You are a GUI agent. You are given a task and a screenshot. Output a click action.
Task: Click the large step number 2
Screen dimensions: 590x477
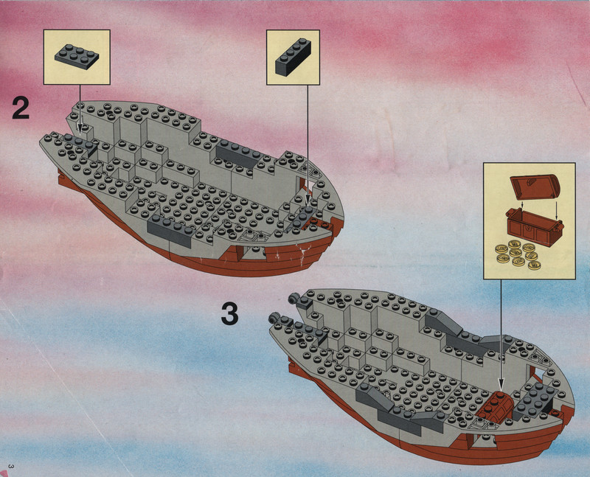point(21,108)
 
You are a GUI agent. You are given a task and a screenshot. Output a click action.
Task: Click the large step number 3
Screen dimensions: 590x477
point(229,314)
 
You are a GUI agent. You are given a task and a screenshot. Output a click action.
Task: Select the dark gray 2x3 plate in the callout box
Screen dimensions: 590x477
point(77,57)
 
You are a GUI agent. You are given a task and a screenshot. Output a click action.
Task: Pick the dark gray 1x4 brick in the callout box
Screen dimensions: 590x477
point(293,58)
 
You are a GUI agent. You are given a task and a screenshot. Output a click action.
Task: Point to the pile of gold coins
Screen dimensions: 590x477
point(518,254)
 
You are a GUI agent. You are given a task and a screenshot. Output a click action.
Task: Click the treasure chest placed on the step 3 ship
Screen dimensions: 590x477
point(494,407)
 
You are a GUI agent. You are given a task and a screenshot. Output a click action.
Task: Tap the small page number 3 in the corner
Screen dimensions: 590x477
point(11,467)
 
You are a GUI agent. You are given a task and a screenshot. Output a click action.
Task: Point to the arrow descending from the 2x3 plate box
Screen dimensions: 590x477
point(80,108)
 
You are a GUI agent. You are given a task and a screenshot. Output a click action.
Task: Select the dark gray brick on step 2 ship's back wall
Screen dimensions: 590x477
point(237,154)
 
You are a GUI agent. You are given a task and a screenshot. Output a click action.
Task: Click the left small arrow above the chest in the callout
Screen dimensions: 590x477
point(523,204)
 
